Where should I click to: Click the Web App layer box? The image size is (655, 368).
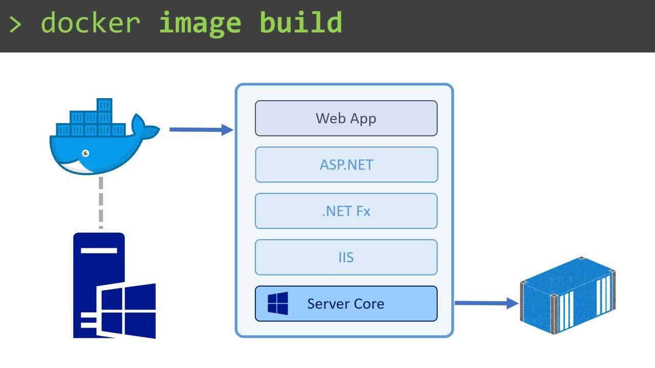pyautogui.click(x=346, y=118)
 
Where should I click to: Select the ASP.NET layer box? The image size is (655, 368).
pyautogui.click(x=346, y=165)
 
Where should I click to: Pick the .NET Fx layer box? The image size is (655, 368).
pyautogui.click(x=346, y=211)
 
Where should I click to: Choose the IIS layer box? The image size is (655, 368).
pyautogui.click(x=346, y=257)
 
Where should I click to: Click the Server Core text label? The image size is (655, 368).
pyautogui.click(x=345, y=304)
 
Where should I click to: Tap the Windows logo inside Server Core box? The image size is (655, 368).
pyautogui.click(x=278, y=304)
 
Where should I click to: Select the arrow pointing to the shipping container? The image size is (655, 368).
pyautogui.click(x=486, y=303)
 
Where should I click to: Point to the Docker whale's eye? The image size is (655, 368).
pyautogui.click(x=85, y=153)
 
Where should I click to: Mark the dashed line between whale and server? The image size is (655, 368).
pyautogui.click(x=101, y=202)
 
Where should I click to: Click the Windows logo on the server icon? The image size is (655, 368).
pyautogui.click(x=127, y=311)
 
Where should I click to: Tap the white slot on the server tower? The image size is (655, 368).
pyautogui.click(x=99, y=251)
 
